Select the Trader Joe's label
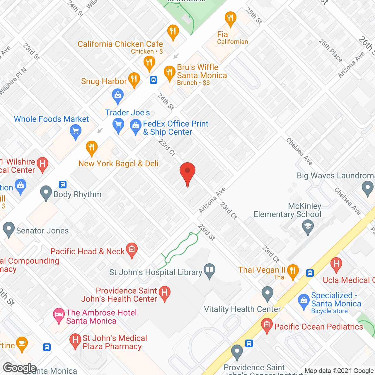click(127, 112)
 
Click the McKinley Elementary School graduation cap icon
click(308, 227)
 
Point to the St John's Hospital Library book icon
click(209, 271)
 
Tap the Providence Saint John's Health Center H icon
click(165, 293)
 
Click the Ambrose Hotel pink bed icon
click(59, 315)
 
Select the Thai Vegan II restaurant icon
click(293, 271)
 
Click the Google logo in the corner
click(20, 368)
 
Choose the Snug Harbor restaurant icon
click(134, 79)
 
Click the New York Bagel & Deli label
click(118, 163)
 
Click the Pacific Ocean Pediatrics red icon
click(267, 325)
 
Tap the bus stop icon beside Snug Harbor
click(154, 80)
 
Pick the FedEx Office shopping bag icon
click(135, 126)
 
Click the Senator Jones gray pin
click(8, 229)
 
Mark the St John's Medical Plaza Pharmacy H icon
click(75, 340)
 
